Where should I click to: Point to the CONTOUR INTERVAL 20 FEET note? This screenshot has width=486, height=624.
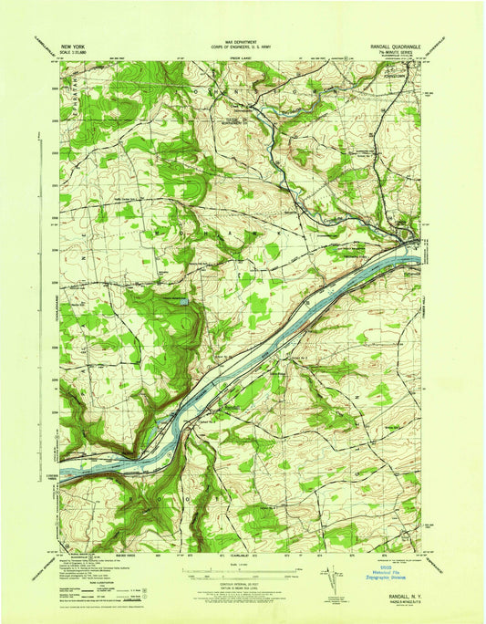[x=241, y=586]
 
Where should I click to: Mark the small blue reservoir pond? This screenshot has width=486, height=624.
[x=185, y=299]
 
